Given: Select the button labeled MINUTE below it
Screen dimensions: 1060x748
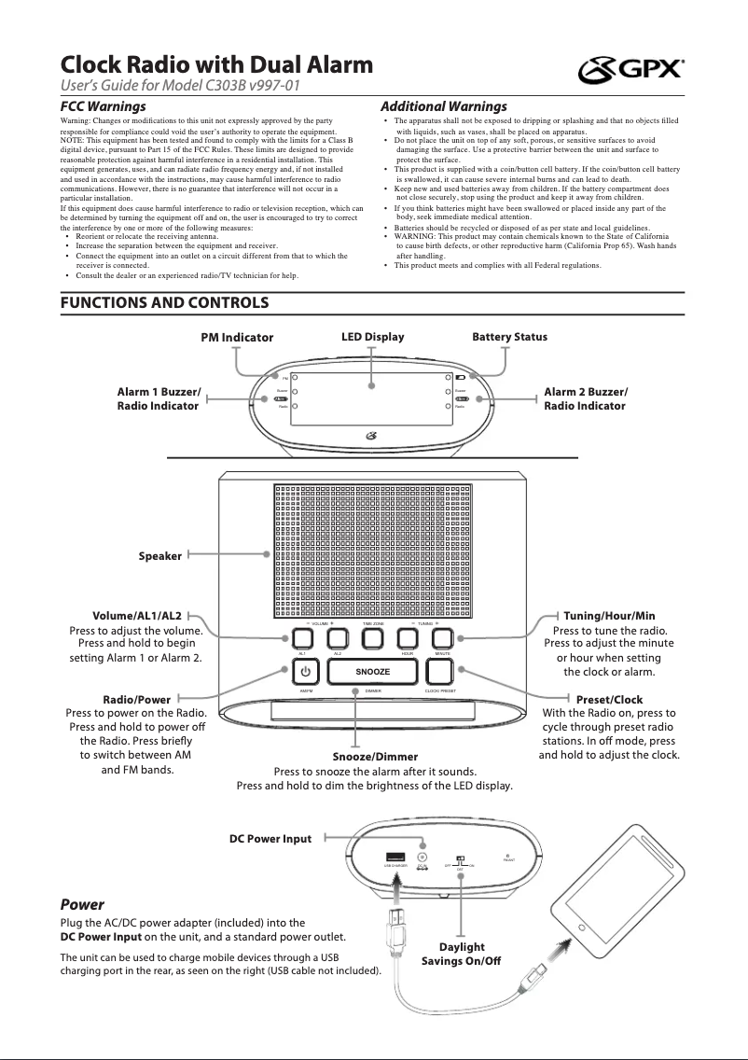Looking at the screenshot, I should point(442,639).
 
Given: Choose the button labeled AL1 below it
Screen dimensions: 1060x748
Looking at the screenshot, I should point(302,639).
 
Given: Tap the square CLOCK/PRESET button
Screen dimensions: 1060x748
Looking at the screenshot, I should point(442,672).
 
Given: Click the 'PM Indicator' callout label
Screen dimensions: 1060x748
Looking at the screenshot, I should point(237,337).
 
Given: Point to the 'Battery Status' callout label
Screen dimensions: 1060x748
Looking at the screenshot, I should point(510,336).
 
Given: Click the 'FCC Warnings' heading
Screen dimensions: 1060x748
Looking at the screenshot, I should point(103,106).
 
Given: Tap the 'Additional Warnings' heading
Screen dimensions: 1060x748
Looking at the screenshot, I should point(444,106).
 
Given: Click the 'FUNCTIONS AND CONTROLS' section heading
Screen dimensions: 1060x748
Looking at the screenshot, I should point(165,303).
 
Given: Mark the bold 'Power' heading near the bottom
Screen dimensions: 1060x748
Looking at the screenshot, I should point(82,904).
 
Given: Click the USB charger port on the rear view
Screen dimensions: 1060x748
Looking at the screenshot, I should point(395,858).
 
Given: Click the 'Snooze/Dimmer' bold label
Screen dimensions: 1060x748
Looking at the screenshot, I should point(375,756).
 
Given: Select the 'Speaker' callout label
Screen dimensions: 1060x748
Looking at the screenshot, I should point(160,556).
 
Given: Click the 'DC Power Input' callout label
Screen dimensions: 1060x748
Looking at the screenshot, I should point(270,839).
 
